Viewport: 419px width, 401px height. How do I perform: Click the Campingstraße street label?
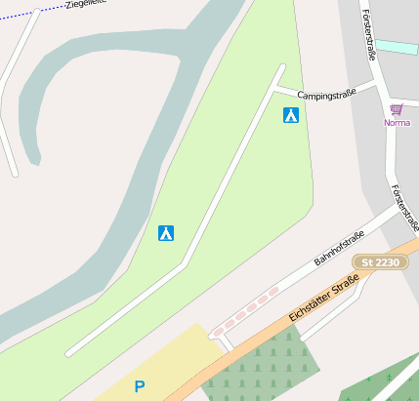325,96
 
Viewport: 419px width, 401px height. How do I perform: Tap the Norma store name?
397,123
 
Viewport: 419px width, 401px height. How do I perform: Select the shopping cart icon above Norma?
396,110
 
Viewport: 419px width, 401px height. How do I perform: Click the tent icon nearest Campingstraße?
290,115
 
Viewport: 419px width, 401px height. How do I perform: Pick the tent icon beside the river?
166,233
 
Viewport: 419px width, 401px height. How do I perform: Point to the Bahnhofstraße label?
339,250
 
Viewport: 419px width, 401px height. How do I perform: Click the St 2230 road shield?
380,262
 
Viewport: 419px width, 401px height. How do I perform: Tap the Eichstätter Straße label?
324,299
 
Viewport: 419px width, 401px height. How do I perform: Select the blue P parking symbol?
139,386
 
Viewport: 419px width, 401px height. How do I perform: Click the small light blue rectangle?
398,47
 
